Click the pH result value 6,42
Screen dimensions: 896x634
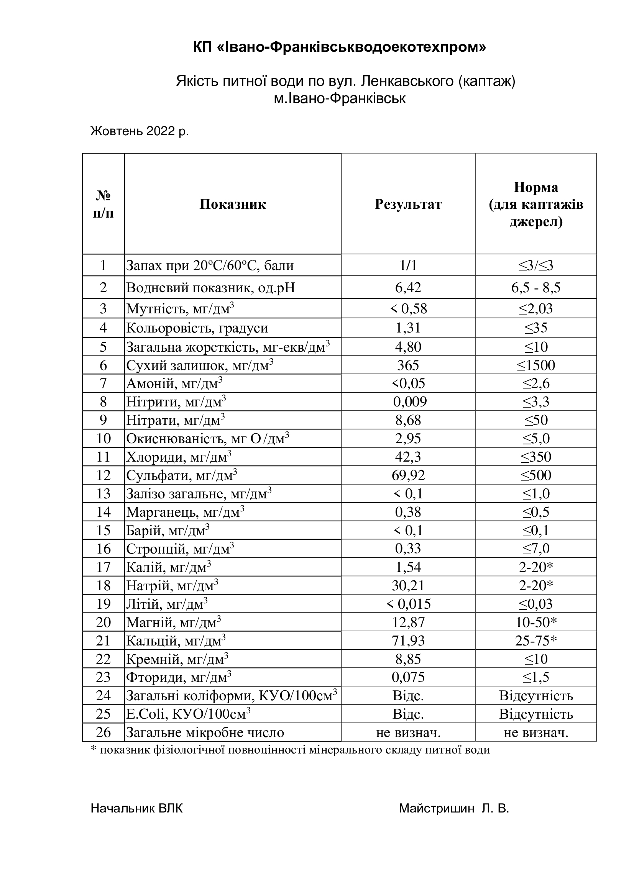coord(408,288)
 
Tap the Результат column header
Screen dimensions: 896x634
coord(408,204)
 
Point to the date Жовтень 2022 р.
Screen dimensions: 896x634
coord(140,131)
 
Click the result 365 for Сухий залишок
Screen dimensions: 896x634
coord(408,365)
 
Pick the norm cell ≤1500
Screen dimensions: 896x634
coord(536,365)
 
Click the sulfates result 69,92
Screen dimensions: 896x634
coord(408,475)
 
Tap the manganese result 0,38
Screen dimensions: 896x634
coord(408,512)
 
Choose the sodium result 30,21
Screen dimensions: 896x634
coord(408,585)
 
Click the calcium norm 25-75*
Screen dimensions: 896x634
coord(536,641)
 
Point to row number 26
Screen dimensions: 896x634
coord(103,732)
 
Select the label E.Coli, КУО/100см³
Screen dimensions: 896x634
coord(188,714)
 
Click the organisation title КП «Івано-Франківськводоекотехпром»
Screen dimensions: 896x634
coord(340,48)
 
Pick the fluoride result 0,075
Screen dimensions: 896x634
coord(408,677)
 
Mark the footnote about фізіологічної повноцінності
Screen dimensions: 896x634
coord(291,750)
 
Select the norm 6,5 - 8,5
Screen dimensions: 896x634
coord(536,288)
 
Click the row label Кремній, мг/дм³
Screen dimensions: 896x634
coord(177,659)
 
